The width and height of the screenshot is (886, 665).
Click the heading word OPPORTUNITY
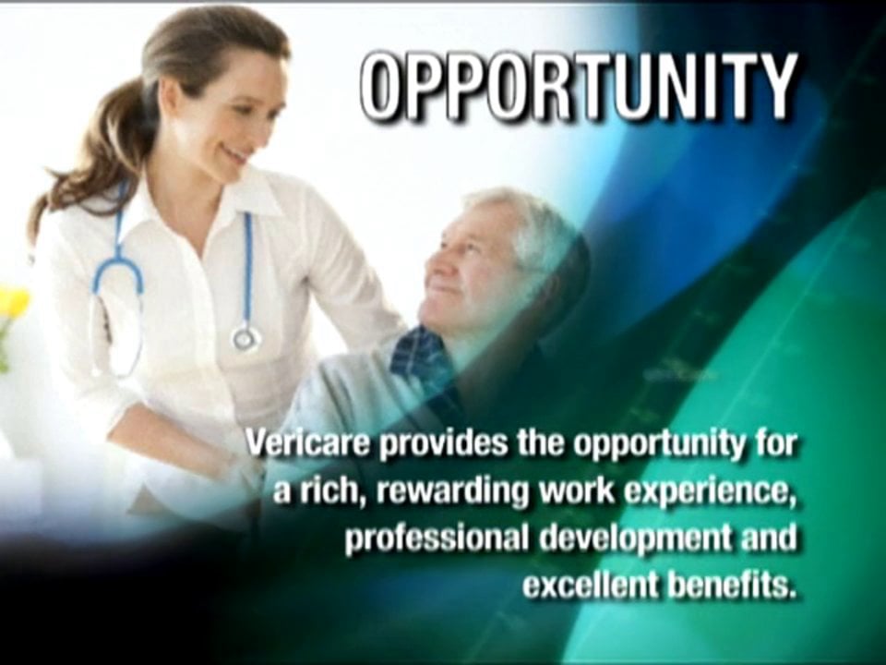click(578, 87)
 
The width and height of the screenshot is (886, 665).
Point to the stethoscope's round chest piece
click(245, 338)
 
